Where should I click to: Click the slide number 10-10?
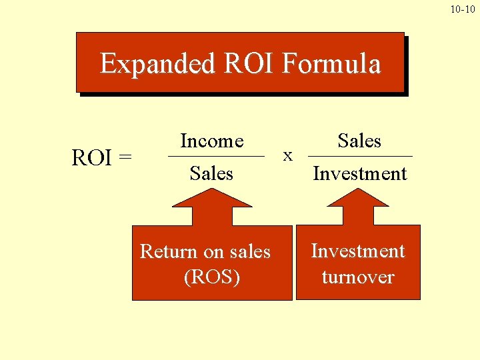[463, 9]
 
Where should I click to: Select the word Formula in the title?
[331, 64]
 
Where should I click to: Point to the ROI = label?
[101, 158]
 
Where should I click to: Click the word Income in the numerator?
[212, 141]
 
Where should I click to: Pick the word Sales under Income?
[211, 173]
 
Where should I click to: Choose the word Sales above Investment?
[359, 141]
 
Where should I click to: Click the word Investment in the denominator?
[360, 173]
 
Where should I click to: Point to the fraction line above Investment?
[361, 157]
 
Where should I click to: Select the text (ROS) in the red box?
[211, 277]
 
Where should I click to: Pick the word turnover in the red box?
[358, 277]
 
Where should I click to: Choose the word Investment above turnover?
[358, 251]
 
